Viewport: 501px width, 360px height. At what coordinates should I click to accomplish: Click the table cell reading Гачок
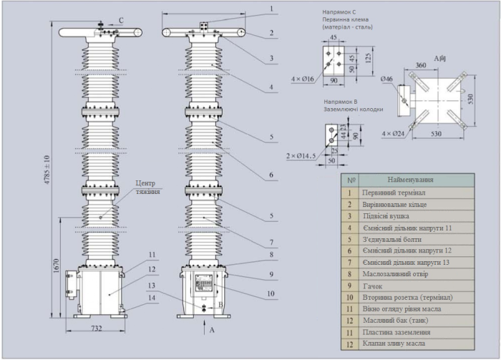[372, 285]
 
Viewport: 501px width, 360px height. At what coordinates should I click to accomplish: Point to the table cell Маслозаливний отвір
[394, 273]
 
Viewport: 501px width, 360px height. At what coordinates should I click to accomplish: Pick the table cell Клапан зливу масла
[394, 343]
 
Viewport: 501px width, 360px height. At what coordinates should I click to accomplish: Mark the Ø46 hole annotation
[386, 79]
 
